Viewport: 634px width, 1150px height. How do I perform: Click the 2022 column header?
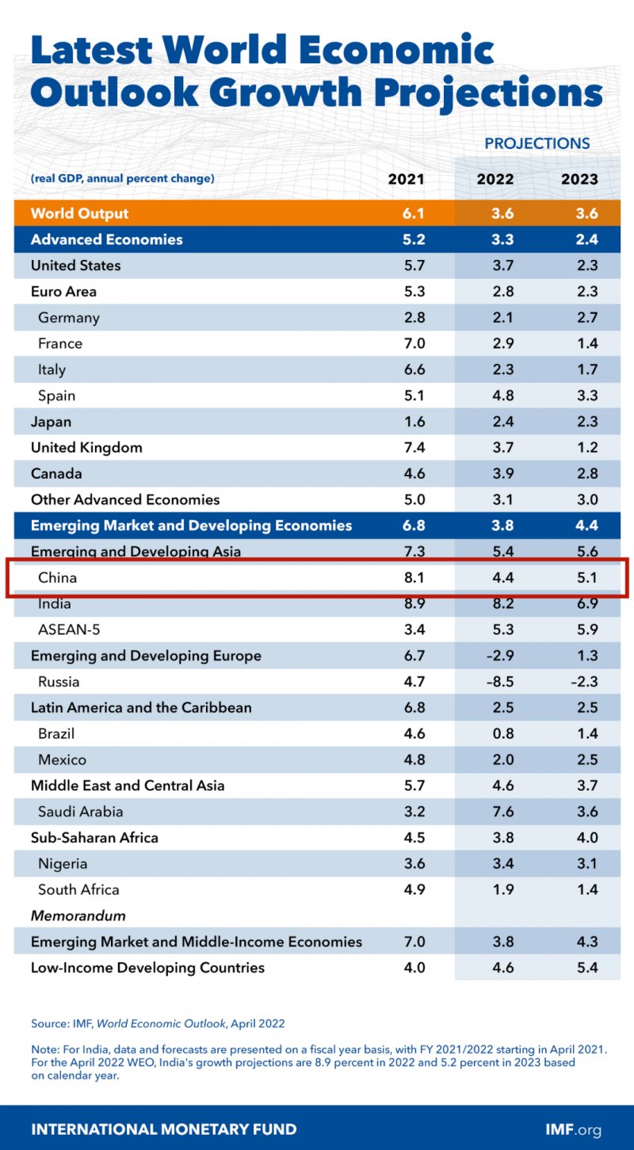click(x=495, y=179)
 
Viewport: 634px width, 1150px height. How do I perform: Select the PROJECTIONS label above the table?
click(x=537, y=143)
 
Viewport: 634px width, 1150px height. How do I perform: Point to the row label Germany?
click(x=69, y=318)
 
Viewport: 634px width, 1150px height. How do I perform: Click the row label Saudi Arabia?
click(x=80, y=812)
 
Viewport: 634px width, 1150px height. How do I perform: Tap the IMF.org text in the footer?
click(x=573, y=1129)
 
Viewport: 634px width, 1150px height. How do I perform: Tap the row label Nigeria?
click(x=63, y=864)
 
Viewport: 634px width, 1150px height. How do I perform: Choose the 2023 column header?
click(x=579, y=179)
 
